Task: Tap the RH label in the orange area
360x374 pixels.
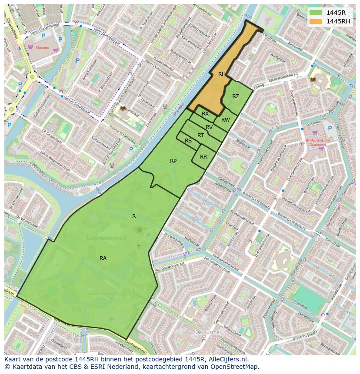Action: tap(222, 74)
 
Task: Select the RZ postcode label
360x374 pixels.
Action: tap(235, 96)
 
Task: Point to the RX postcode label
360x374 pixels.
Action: tap(205, 114)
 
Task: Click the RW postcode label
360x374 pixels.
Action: tap(225, 120)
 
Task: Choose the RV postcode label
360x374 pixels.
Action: tap(209, 127)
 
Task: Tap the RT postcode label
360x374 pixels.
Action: tap(200, 136)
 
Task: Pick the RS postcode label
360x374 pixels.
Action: tap(188, 141)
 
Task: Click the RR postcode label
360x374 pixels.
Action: tap(203, 157)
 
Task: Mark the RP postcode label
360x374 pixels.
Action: tap(173, 161)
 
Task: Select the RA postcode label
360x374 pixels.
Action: tap(103, 258)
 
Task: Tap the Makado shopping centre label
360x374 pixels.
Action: tap(43, 47)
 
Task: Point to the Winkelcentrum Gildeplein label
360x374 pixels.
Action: tap(317, 143)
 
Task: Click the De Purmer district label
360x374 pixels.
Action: tap(208, 332)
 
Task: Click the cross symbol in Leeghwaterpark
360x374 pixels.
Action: tap(139, 246)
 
